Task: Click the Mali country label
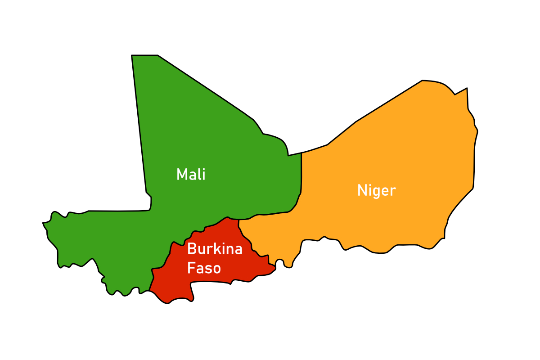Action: pyautogui.click(x=191, y=174)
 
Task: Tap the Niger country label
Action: pyautogui.click(x=376, y=190)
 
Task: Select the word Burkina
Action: pyautogui.click(x=215, y=249)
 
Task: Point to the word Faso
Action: pyautogui.click(x=204, y=268)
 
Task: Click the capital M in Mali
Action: pyautogui.click(x=181, y=174)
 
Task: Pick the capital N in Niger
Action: pyautogui.click(x=361, y=190)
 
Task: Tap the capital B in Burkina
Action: pyautogui.click(x=191, y=249)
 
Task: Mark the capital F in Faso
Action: pyautogui.click(x=191, y=268)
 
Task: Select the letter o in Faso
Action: pyautogui.click(x=216, y=270)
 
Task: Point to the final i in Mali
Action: pyautogui.click(x=203, y=174)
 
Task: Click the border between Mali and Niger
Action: pyautogui.click(x=301, y=180)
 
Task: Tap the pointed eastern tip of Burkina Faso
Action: pyautogui.click(x=275, y=269)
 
